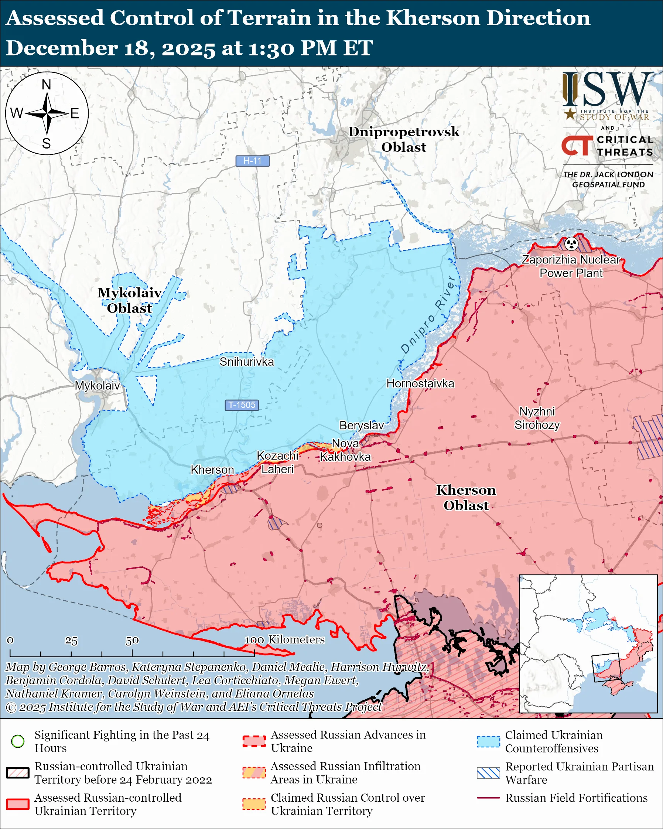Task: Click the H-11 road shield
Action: (x=252, y=161)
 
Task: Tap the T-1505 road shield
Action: (x=241, y=405)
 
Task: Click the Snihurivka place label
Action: (x=246, y=362)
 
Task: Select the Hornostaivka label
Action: (x=420, y=383)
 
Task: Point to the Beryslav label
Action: (x=361, y=425)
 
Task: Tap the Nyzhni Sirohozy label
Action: (x=537, y=418)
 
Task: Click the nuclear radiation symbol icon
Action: (x=571, y=243)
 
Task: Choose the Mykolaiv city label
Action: (x=97, y=386)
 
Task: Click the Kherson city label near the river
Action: (x=212, y=470)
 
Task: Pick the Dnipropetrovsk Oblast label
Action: (x=404, y=139)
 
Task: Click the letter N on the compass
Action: (x=47, y=85)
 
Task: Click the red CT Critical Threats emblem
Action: (x=577, y=146)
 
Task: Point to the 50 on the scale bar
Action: (x=132, y=641)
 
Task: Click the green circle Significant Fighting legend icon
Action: (x=18, y=741)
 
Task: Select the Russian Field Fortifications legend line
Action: (x=488, y=798)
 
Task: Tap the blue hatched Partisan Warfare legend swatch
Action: (x=488, y=773)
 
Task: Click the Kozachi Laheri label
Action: (x=277, y=463)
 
